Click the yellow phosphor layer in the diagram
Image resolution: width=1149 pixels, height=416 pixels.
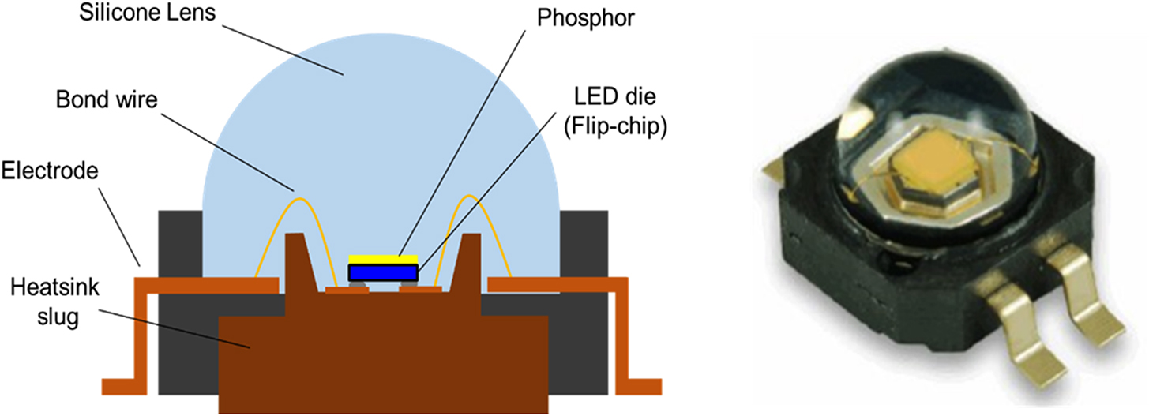(383, 260)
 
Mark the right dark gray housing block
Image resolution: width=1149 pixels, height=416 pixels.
(584, 237)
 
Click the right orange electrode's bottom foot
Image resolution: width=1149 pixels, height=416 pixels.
(639, 386)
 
